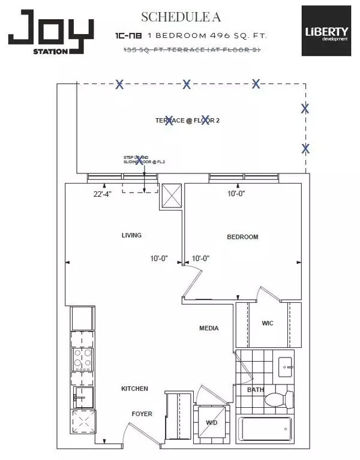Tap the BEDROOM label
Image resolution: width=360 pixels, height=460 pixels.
(242, 237)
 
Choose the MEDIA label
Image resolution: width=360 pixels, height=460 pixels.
(209, 328)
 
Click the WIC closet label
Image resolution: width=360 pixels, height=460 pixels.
(268, 323)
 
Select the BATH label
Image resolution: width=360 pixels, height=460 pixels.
(255, 390)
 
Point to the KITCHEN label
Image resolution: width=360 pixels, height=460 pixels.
(134, 389)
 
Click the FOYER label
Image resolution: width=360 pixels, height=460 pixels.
(142, 414)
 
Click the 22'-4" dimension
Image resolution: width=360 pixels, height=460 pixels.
(104, 193)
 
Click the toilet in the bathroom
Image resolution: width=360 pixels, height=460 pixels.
(280, 398)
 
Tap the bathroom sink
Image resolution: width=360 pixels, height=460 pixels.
(286, 365)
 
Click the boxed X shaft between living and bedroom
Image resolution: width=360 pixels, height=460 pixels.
(170, 195)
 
